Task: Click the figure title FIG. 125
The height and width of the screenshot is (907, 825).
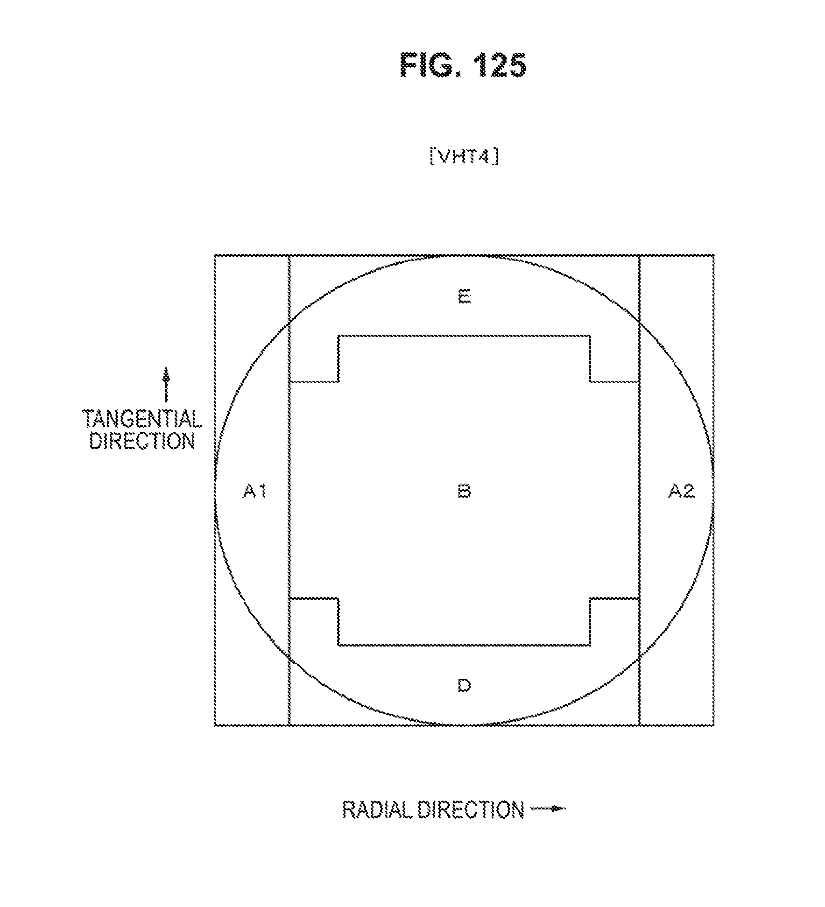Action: tap(463, 65)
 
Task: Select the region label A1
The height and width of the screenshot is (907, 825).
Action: tap(254, 491)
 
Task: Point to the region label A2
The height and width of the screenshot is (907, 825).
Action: tap(681, 491)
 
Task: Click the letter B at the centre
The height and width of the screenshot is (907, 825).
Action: tap(464, 491)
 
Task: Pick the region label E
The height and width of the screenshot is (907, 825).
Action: tap(464, 296)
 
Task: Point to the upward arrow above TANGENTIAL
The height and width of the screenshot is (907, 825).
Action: tap(165, 385)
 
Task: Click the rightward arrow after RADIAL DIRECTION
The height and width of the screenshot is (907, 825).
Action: tap(549, 809)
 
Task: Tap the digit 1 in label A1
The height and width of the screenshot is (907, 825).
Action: tap(262, 491)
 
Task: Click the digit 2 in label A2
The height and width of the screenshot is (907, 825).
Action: tap(688, 491)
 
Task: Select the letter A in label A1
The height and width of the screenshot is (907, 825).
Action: tap(249, 491)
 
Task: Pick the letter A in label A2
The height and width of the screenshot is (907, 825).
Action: tap(675, 491)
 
